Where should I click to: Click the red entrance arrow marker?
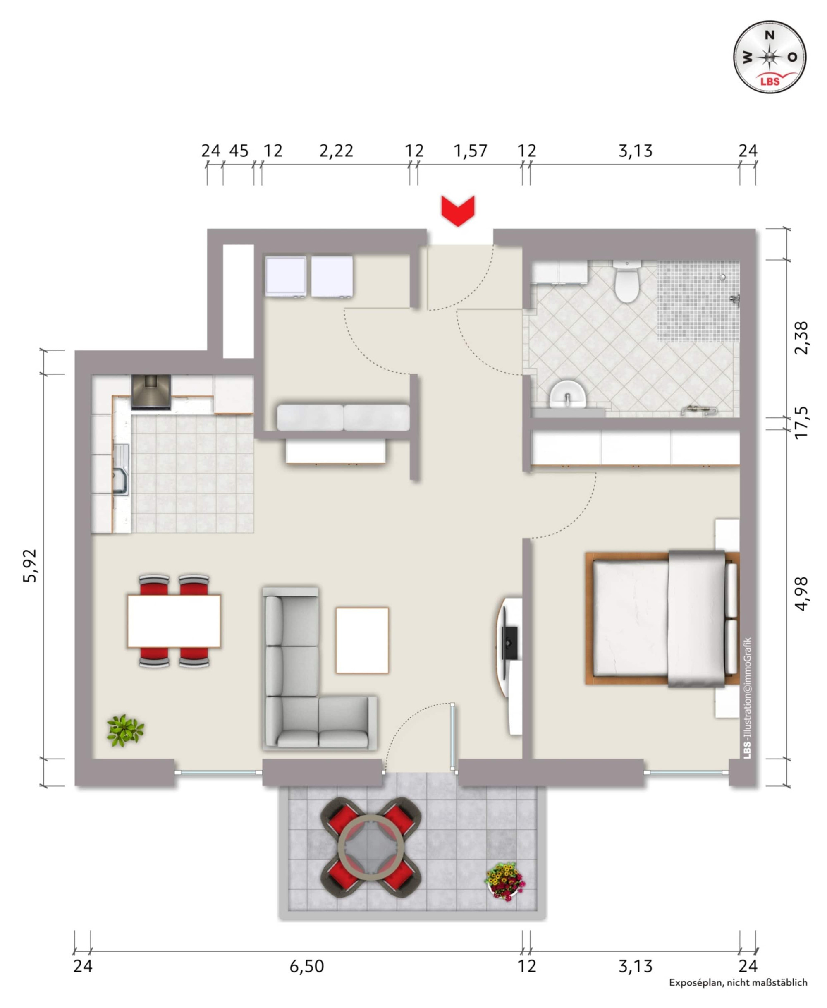pyautogui.click(x=458, y=210)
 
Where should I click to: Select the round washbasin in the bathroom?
pyautogui.click(x=567, y=394)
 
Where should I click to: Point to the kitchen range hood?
pyautogui.click(x=151, y=392)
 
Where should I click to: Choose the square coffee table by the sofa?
pyautogui.click(x=362, y=640)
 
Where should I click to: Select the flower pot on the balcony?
pyautogui.click(x=505, y=881)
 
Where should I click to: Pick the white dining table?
pyautogui.click(x=174, y=620)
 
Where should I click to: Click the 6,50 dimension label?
pyautogui.click(x=307, y=966)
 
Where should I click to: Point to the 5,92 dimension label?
pyautogui.click(x=30, y=566)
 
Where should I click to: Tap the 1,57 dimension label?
pyautogui.click(x=470, y=151)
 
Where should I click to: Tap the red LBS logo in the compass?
pyautogui.click(x=770, y=81)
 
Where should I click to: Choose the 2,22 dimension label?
pyautogui.click(x=336, y=151)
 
